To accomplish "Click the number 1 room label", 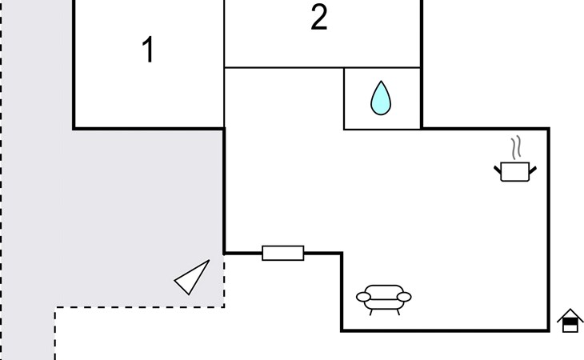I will click(147, 50).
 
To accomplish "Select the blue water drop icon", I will click(382, 99).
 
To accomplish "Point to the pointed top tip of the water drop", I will click(382, 82).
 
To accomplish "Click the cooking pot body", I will click(514, 171).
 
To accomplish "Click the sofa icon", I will click(383, 297).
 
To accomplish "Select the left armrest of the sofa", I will click(363, 298).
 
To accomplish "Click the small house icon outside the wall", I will click(570, 320).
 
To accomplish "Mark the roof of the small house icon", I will click(570, 314).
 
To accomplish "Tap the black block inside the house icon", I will click(570, 325).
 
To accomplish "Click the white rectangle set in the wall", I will click(283, 253).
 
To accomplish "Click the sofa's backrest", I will click(383, 290).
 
